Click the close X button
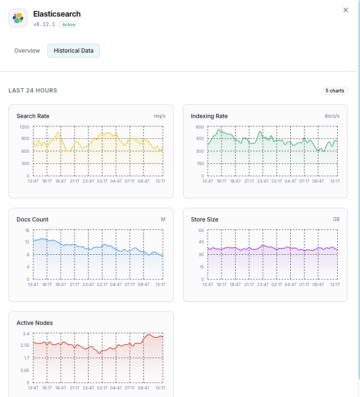pos(346,10)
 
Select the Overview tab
pos(27,51)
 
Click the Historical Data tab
pos(74,51)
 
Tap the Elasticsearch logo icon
pos(18,18)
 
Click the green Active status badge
pos(69,25)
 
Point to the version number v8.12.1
pos(44,25)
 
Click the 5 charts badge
pos(335,91)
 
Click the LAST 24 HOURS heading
pos(33,91)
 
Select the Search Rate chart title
pos(33,116)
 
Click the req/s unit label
pos(159,116)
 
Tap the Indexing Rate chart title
pos(209,116)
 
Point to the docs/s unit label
pos(332,116)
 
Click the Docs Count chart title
pos(32,220)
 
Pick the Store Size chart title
pos(204,220)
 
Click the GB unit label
pos(336,220)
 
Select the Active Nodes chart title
pos(35,323)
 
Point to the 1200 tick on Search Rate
pos(25,127)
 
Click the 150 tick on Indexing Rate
pos(200,164)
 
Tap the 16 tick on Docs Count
pos(27,230)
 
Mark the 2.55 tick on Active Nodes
pos(25,346)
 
